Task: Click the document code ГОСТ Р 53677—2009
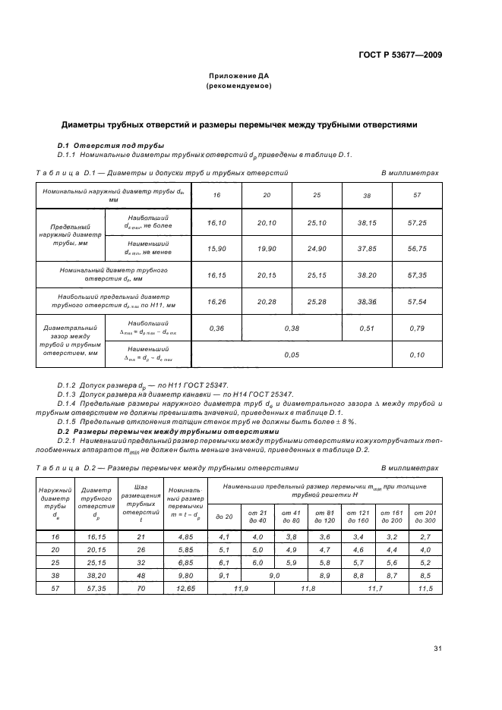[400, 55]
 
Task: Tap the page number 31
[437, 649]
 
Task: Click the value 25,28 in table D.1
[317, 301]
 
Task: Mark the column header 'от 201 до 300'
[425, 518]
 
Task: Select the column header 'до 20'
[224, 517]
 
